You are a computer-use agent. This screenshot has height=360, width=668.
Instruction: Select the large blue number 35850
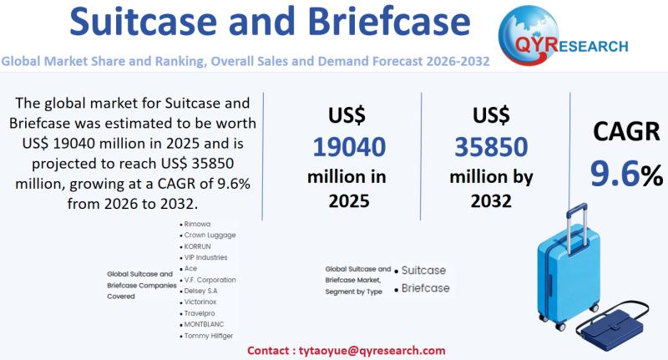tap(491, 147)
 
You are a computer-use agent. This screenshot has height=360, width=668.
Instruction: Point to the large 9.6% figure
tap(625, 173)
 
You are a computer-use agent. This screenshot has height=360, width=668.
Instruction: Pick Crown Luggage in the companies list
tap(210, 236)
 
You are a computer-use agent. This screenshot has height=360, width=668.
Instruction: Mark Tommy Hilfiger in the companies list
tap(210, 335)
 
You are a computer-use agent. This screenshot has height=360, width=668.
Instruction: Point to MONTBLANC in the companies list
tap(205, 324)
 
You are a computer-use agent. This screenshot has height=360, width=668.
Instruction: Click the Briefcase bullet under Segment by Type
tap(425, 288)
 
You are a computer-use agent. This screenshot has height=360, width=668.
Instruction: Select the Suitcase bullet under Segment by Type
tap(424, 271)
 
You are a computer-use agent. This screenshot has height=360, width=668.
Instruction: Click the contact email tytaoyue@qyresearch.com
tap(360, 352)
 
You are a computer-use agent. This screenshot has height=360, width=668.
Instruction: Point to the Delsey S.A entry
tap(205, 291)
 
